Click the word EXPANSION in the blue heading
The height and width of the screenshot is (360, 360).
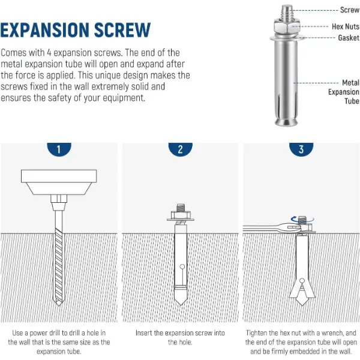coord(44,30)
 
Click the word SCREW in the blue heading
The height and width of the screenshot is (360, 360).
coord(122,30)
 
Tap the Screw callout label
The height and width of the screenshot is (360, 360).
coord(350,10)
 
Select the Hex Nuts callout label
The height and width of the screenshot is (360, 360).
coord(346,26)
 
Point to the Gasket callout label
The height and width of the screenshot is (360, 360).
coord(349,38)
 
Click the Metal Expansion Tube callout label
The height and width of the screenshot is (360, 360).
coord(344,92)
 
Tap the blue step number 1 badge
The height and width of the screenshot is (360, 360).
coord(59,149)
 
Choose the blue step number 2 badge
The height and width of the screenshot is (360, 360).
coord(180,149)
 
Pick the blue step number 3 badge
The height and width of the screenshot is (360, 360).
coord(301,149)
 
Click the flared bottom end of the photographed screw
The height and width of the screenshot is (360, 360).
coord(287,121)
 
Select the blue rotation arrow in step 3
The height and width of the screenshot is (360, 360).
coord(302,220)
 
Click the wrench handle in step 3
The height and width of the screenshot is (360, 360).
coord(261,228)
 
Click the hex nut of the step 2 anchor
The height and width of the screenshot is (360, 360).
coord(181,215)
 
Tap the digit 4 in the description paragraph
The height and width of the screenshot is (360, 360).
coord(49,53)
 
